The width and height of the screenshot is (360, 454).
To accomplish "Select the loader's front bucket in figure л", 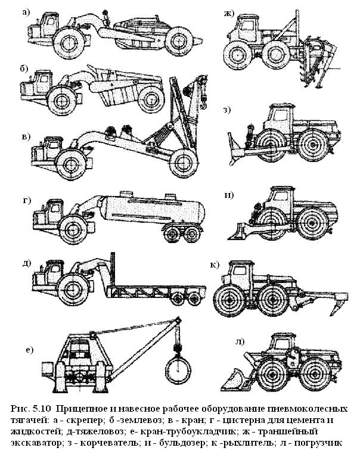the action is click(232, 379).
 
